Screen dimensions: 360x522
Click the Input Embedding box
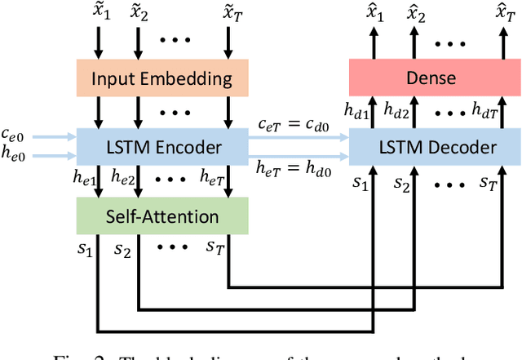point(161,79)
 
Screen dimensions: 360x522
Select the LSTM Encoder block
point(161,147)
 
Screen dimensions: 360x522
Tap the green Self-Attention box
point(161,216)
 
